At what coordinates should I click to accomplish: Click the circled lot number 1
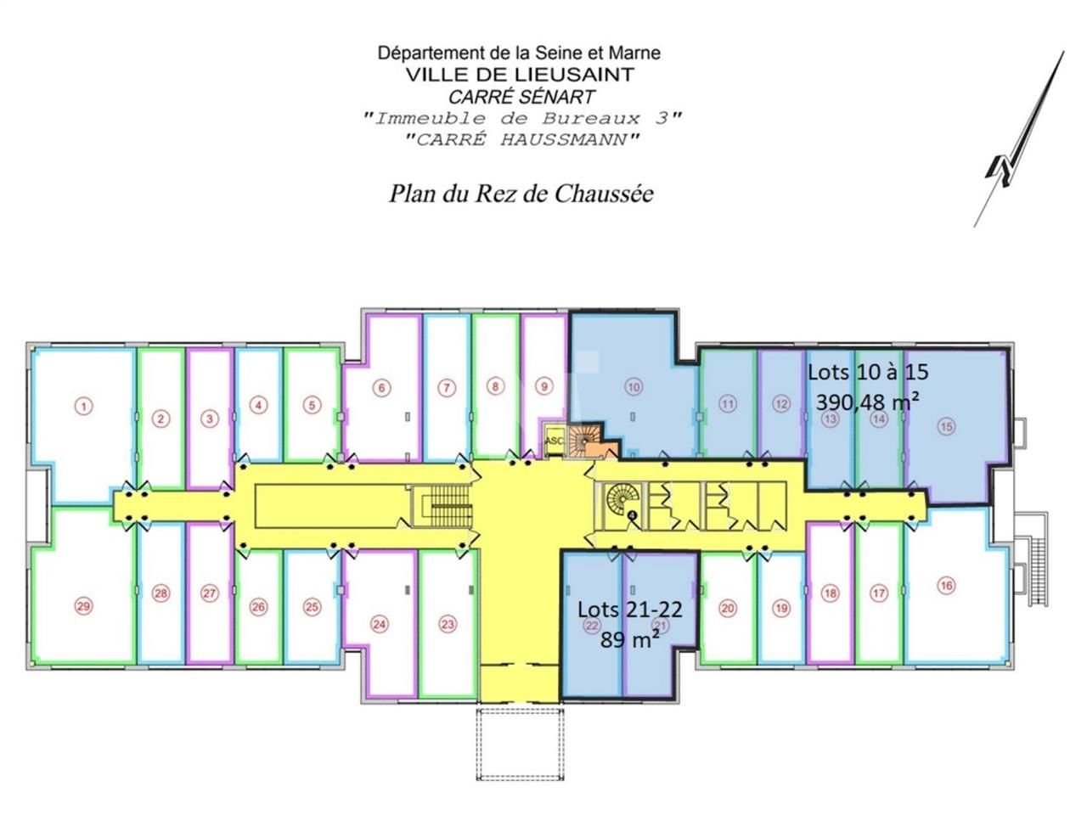[x=83, y=407]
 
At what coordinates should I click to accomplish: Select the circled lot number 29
[x=83, y=606]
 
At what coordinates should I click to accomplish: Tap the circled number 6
[x=382, y=388]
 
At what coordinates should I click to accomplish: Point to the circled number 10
[x=634, y=387]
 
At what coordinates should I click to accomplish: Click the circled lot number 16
[x=947, y=585]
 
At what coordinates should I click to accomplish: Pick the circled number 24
[x=380, y=625]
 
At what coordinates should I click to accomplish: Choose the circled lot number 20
[x=727, y=608]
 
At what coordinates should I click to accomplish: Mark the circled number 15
[x=947, y=427]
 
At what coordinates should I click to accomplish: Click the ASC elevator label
[x=553, y=441]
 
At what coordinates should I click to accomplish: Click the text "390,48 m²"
[x=867, y=401]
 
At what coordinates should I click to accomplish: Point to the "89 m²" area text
[x=630, y=639]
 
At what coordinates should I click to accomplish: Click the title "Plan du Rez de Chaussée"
[x=521, y=194]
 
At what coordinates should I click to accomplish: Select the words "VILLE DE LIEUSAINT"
[x=519, y=74]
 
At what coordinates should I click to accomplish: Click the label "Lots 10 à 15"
[x=868, y=372]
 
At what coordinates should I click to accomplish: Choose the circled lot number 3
[x=211, y=419]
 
